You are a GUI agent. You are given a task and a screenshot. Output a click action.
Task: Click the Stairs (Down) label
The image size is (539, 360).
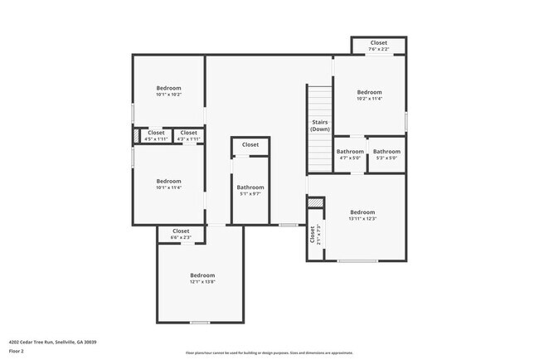click(319, 126)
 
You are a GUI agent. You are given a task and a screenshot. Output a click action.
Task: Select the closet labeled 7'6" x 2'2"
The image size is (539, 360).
click(378, 46)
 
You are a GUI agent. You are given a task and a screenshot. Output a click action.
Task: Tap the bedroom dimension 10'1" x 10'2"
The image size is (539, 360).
click(168, 95)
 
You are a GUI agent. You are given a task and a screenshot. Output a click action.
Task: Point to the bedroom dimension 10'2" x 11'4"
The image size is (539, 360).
click(369, 99)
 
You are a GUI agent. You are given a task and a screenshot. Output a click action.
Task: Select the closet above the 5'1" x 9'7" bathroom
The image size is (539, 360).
click(250, 145)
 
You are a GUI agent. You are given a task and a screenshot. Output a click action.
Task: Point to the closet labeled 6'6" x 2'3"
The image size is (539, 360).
click(181, 235)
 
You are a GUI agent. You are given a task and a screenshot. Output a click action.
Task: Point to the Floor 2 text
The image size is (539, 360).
click(17, 351)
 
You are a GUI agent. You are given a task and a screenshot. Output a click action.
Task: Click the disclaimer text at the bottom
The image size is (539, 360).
click(269, 352)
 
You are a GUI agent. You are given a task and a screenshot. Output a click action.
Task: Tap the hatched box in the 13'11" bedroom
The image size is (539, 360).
click(314, 202)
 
